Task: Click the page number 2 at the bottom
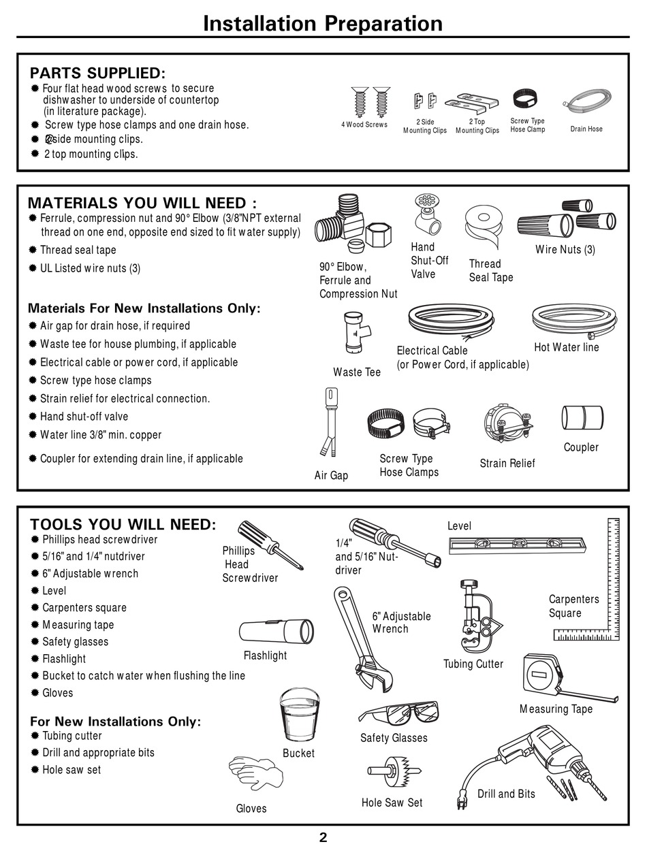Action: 323,837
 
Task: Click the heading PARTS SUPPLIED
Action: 97,73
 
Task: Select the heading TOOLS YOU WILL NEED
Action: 123,524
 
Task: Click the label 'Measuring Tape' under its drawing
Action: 556,709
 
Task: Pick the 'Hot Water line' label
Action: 566,347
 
